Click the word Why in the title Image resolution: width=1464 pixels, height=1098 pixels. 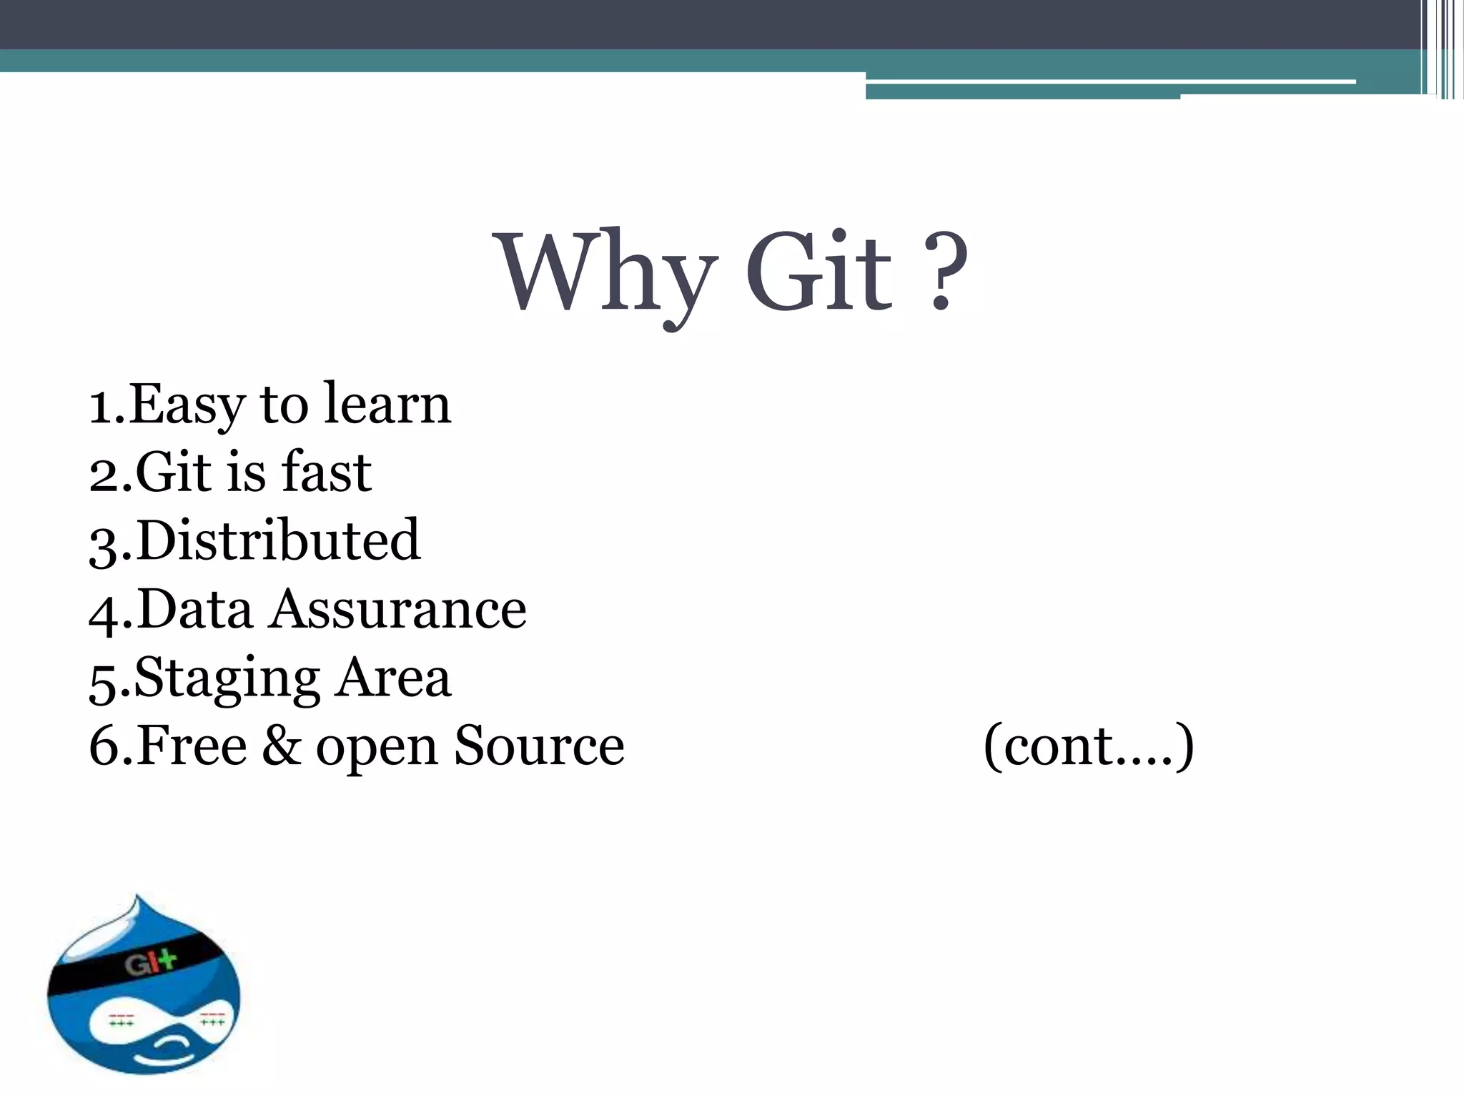coord(608,275)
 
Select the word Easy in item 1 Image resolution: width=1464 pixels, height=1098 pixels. coord(187,405)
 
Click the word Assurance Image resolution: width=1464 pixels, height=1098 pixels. coord(398,609)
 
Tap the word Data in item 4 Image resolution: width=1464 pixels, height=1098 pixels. coord(194,609)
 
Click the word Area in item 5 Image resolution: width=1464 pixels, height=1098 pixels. coord(394,678)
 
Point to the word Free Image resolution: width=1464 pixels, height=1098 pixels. coord(192,746)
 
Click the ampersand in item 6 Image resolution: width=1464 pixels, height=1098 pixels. coord(282,746)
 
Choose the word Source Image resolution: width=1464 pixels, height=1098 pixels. coord(539,746)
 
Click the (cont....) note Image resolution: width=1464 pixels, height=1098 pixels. coord(1088,746)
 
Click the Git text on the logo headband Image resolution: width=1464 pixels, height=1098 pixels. coord(150,964)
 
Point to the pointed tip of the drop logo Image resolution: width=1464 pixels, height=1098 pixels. coord(137,898)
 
